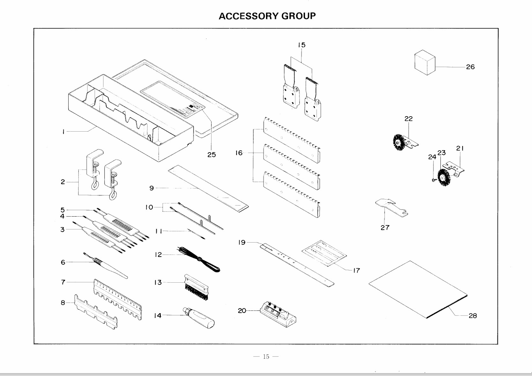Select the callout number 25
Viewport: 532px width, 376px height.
(x=211, y=155)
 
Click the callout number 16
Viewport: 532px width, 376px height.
(x=239, y=153)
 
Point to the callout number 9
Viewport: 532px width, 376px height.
(x=151, y=188)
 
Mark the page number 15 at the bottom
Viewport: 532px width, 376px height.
(x=266, y=357)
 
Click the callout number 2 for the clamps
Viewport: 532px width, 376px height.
(x=63, y=182)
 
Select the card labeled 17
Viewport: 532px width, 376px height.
(x=324, y=253)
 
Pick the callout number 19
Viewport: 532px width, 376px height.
(x=242, y=242)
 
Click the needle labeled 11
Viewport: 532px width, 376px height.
(x=196, y=234)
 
